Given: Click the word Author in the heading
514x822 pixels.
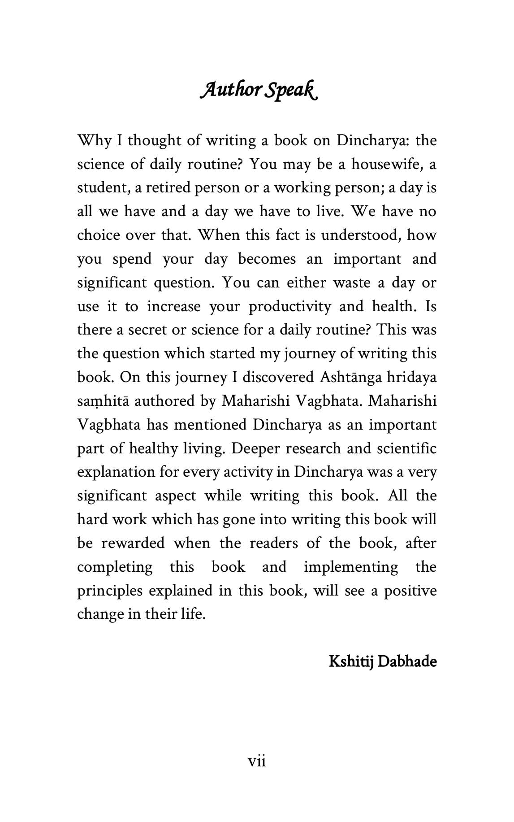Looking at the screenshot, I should (230, 90).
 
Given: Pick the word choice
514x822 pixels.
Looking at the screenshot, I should (98, 235).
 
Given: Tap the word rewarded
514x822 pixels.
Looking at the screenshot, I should (133, 543).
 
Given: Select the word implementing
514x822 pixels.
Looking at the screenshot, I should (351, 567).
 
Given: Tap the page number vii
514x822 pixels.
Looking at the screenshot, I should (257, 761).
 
